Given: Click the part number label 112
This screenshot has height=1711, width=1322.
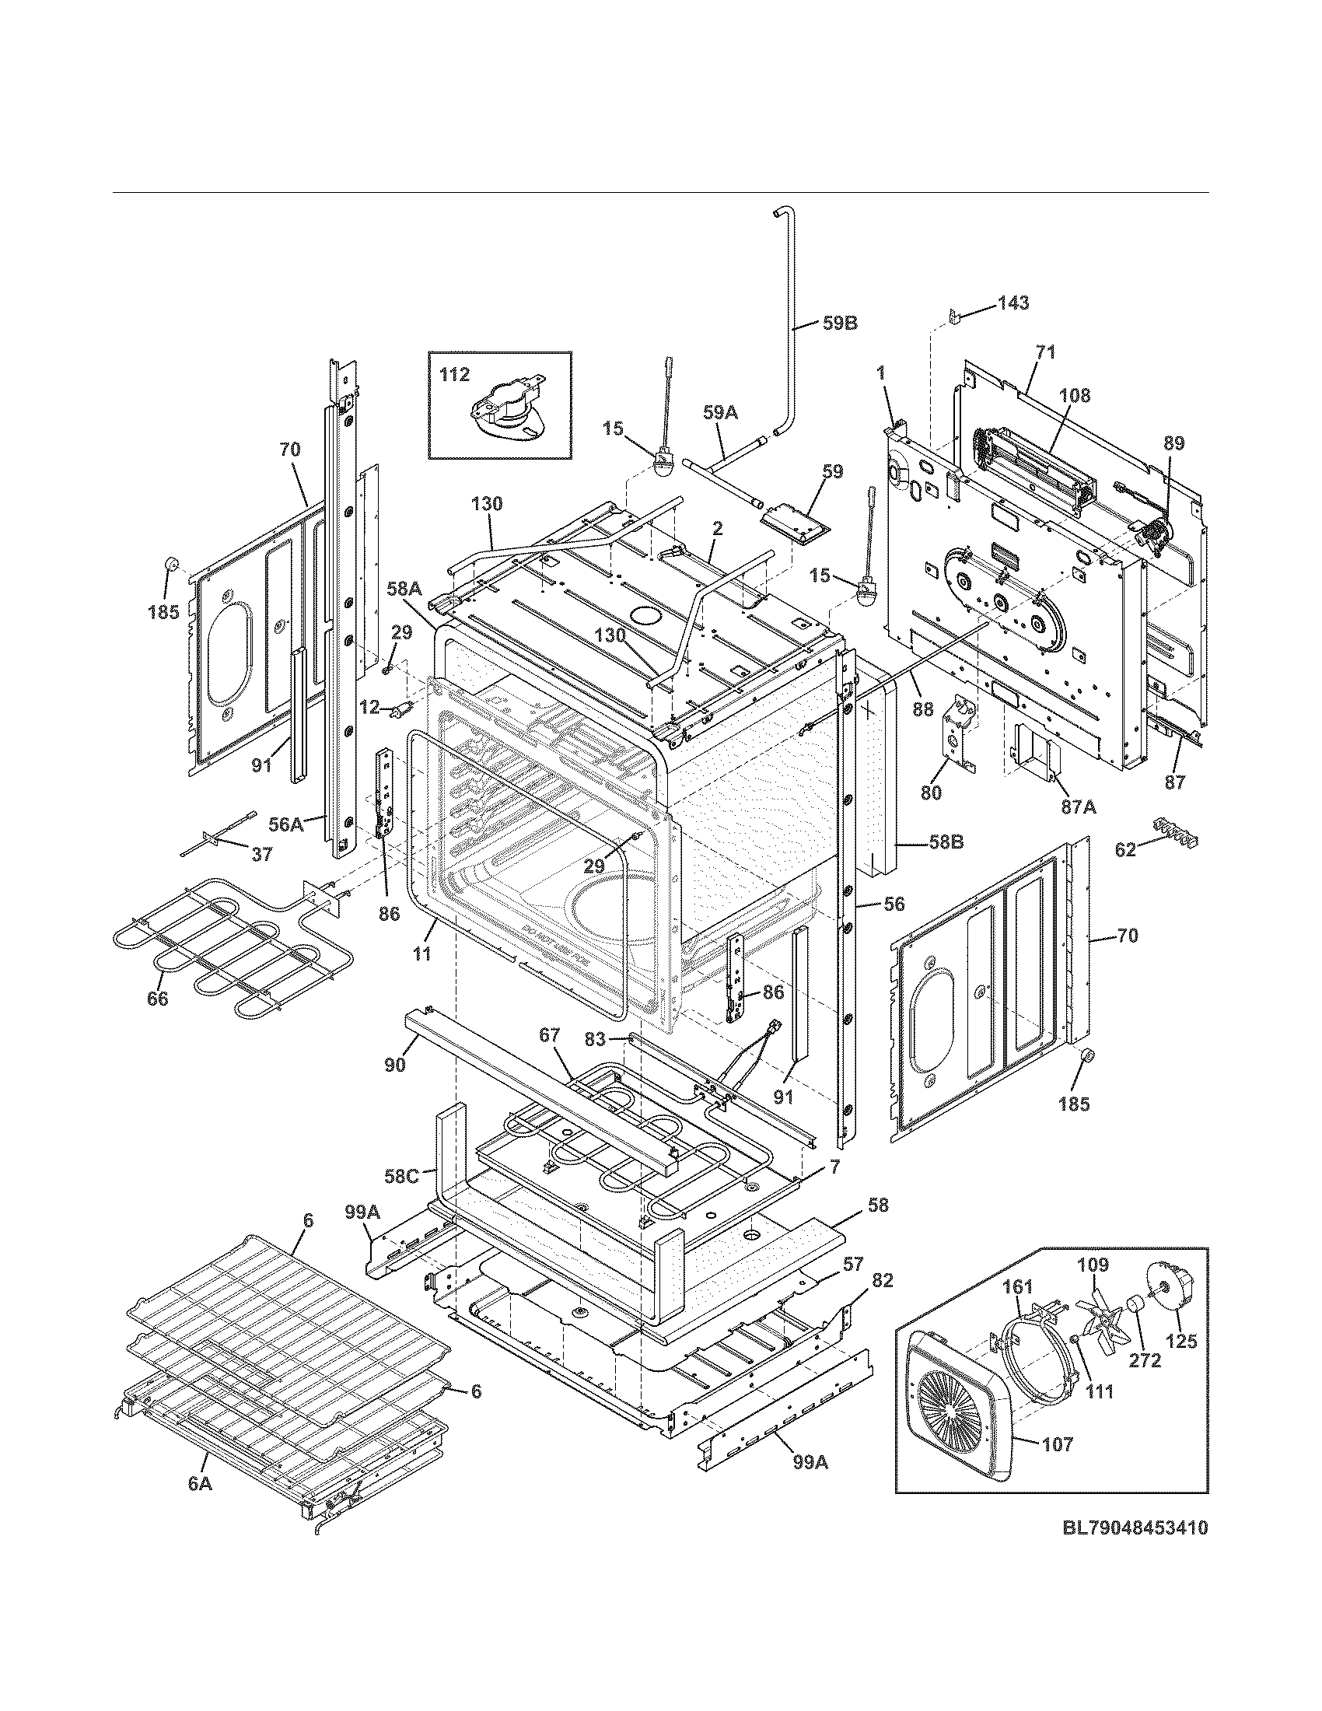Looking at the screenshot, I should click(454, 376).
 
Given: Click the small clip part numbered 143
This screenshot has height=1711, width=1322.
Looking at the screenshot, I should click(954, 316).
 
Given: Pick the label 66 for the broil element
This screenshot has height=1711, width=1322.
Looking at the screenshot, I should click(157, 999).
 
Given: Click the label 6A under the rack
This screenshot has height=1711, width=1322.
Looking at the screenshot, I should click(200, 1482).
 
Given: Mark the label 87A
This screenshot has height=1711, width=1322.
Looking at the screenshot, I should click(1078, 807).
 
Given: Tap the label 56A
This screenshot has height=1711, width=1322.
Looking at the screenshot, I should click(286, 824).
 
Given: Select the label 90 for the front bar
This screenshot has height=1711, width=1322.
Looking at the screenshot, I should click(396, 1065).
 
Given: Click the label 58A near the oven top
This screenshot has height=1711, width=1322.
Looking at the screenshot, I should click(404, 587).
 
